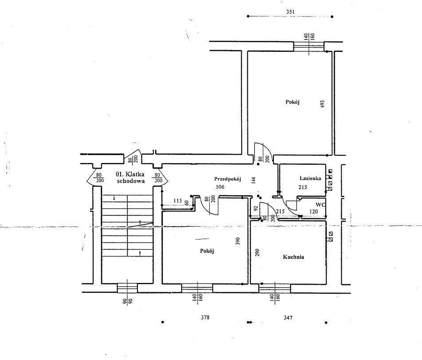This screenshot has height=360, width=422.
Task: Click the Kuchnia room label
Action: coord(293,257)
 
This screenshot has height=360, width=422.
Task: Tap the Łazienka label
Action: coord(310,178)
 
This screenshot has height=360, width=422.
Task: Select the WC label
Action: coord(320,205)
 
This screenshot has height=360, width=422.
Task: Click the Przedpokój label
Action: coord(227,179)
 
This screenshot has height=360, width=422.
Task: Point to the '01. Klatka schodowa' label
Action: coord(130,178)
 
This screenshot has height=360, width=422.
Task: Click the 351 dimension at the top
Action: coord(290,12)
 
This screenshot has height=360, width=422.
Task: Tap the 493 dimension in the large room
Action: coord(323,105)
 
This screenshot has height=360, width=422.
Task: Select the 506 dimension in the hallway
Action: coord(220,187)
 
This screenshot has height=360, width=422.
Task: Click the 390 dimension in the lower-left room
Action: coord(238,241)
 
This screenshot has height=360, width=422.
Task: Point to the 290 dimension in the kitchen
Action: coord(257,252)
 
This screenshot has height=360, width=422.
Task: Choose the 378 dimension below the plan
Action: coord(205,317)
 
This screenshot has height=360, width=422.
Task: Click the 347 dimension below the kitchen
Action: coord(288,318)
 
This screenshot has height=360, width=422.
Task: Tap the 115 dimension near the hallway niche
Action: coord(178,201)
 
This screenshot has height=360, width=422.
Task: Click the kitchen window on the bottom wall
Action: coord(275,288)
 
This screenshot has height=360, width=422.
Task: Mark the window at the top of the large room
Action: coord(309,46)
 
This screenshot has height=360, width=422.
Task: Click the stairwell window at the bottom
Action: coord(127,288)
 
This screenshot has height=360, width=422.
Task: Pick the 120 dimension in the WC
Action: coord(313,212)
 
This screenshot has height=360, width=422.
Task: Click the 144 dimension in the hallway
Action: coord(253,180)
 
